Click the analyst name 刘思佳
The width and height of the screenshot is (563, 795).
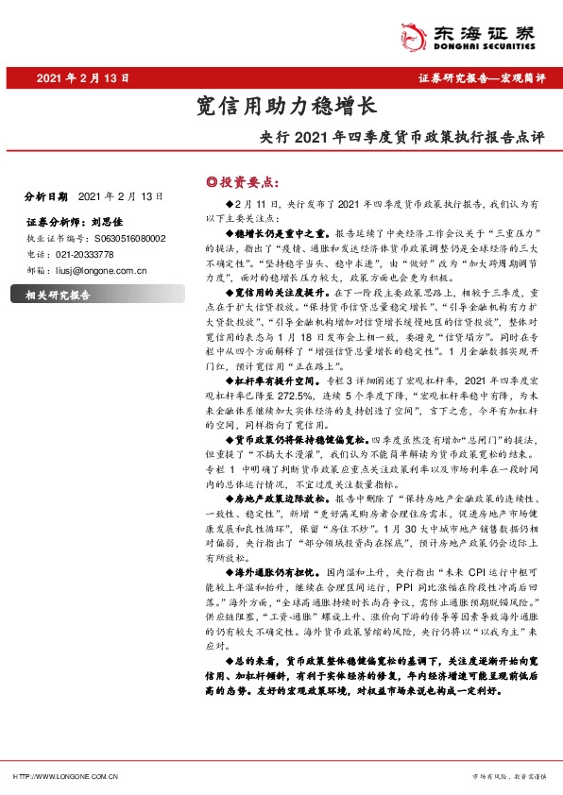click(x=109, y=223)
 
